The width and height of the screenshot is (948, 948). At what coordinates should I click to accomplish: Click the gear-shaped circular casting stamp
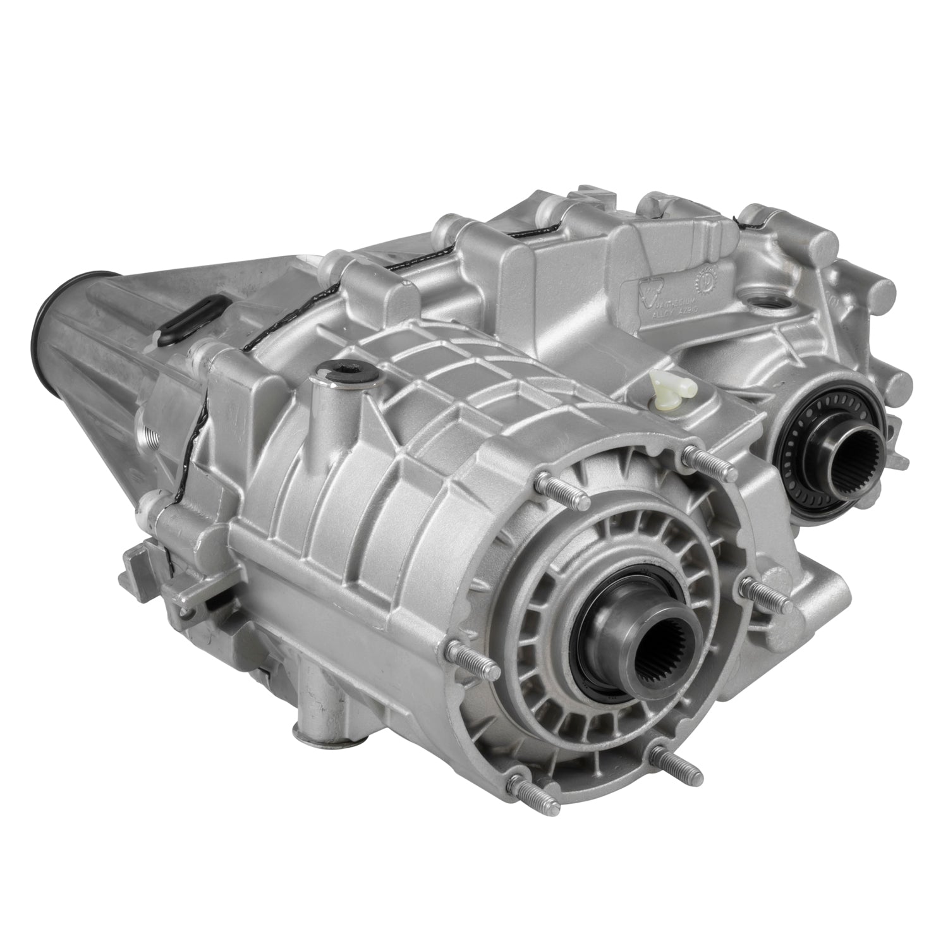click(710, 279)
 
